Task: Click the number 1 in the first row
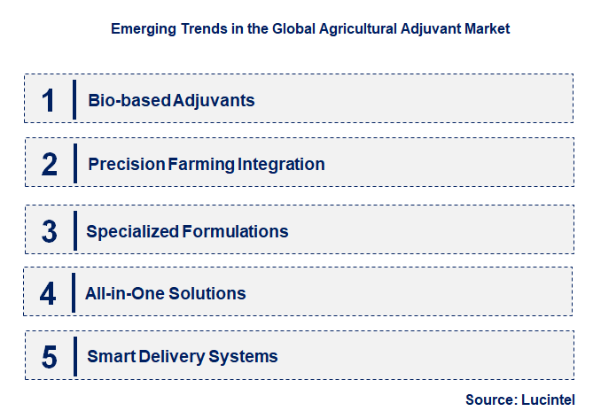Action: point(49,99)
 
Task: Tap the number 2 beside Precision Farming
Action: point(50,164)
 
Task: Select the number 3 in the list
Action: point(50,232)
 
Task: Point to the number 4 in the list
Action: point(48,293)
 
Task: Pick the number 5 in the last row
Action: point(50,357)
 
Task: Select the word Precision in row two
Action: point(126,164)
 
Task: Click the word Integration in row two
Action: point(281,164)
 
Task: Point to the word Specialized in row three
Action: point(132,232)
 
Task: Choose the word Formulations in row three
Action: point(235,232)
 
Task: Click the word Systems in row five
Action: point(243,357)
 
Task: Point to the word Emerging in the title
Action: point(141,28)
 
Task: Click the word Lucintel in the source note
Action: point(551,399)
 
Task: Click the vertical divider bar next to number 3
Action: point(74,231)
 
